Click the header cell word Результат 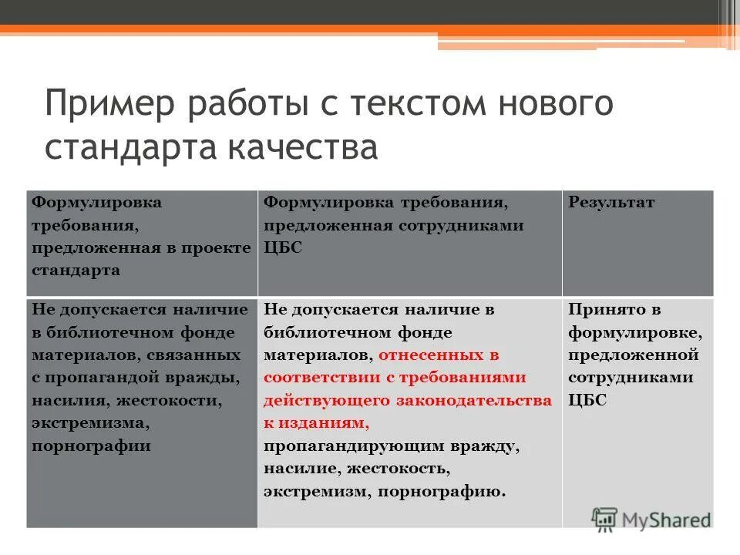(x=611, y=203)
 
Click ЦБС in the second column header (x=283, y=247)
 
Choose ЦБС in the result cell (x=587, y=400)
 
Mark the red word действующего (x=327, y=400)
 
